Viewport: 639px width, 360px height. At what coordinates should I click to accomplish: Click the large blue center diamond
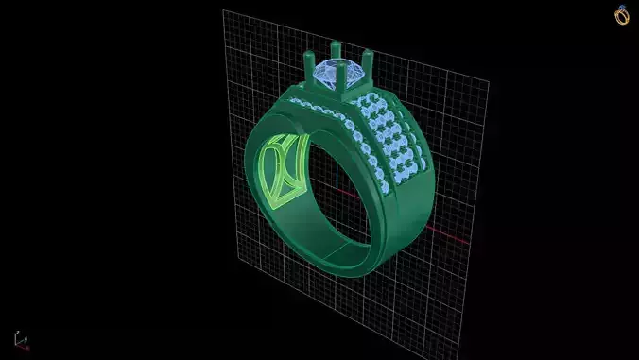point(338,72)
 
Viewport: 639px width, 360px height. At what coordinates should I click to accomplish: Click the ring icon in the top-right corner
point(621,15)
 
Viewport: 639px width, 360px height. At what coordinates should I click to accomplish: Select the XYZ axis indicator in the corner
point(20,339)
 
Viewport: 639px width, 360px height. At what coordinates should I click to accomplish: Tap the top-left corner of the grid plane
point(224,12)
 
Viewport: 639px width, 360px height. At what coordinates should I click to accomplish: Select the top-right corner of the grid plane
point(488,81)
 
